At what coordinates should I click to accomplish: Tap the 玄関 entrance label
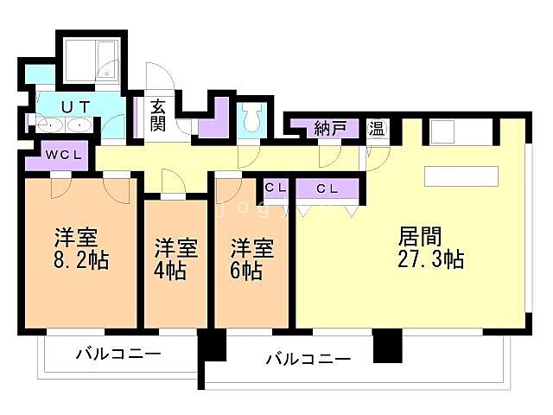coord(158,115)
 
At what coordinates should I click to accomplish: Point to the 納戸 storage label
coord(330,128)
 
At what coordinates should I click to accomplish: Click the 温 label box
coord(377,129)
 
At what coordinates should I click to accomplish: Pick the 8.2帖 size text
coord(82,259)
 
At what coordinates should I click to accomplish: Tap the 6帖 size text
coord(246,270)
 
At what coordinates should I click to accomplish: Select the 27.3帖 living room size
coord(432,259)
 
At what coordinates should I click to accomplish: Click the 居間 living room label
coord(421,235)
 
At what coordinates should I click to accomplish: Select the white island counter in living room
coord(462,176)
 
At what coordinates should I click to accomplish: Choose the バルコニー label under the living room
coord(308,358)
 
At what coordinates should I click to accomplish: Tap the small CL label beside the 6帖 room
coord(276,187)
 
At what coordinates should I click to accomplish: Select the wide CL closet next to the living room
coord(327,188)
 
